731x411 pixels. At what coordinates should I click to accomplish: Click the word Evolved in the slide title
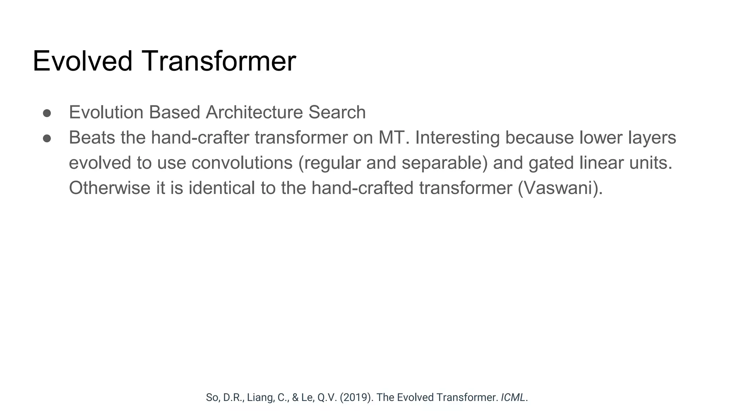[82, 61]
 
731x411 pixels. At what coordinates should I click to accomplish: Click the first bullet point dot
[47, 113]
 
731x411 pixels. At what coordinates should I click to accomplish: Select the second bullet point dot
[47, 138]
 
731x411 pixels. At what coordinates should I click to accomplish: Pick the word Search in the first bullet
[337, 112]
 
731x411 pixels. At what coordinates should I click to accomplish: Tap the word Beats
[92, 138]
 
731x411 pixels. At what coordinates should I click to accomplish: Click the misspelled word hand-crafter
[200, 138]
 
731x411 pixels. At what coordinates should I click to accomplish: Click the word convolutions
[242, 163]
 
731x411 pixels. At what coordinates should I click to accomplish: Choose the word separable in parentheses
[444, 163]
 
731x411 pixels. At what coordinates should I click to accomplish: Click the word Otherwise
[110, 188]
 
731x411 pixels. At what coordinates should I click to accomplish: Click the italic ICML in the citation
[513, 397]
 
